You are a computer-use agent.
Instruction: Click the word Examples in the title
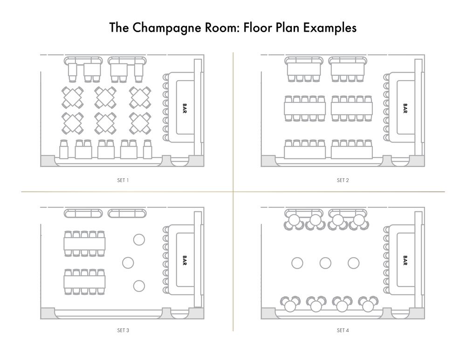tap(329, 27)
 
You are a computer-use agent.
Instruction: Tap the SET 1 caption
tap(123, 180)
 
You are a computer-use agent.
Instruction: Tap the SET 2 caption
tap(343, 180)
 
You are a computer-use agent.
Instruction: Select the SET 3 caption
tap(123, 330)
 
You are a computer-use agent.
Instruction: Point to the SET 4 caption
tap(343, 330)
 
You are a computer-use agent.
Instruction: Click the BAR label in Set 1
tap(185, 108)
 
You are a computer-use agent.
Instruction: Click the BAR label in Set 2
tap(405, 108)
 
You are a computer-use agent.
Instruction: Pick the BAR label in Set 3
tap(185, 260)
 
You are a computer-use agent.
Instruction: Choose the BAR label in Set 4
tap(405, 260)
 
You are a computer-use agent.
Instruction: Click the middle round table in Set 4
tap(325, 263)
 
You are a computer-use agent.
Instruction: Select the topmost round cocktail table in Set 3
tap(139, 240)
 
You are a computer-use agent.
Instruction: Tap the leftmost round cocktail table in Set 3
tap(128, 263)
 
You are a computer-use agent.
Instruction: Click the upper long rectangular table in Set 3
tap(84, 244)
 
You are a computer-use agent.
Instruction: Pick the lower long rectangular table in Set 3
tap(84, 282)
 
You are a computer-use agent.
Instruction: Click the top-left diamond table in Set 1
tap(73, 97)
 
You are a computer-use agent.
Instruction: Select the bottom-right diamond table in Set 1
tap(140, 123)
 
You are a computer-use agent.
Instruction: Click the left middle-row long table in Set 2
tap(305, 109)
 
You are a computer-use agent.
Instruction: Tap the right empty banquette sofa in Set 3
tap(127, 213)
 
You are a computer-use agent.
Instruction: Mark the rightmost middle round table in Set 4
tap(353, 263)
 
